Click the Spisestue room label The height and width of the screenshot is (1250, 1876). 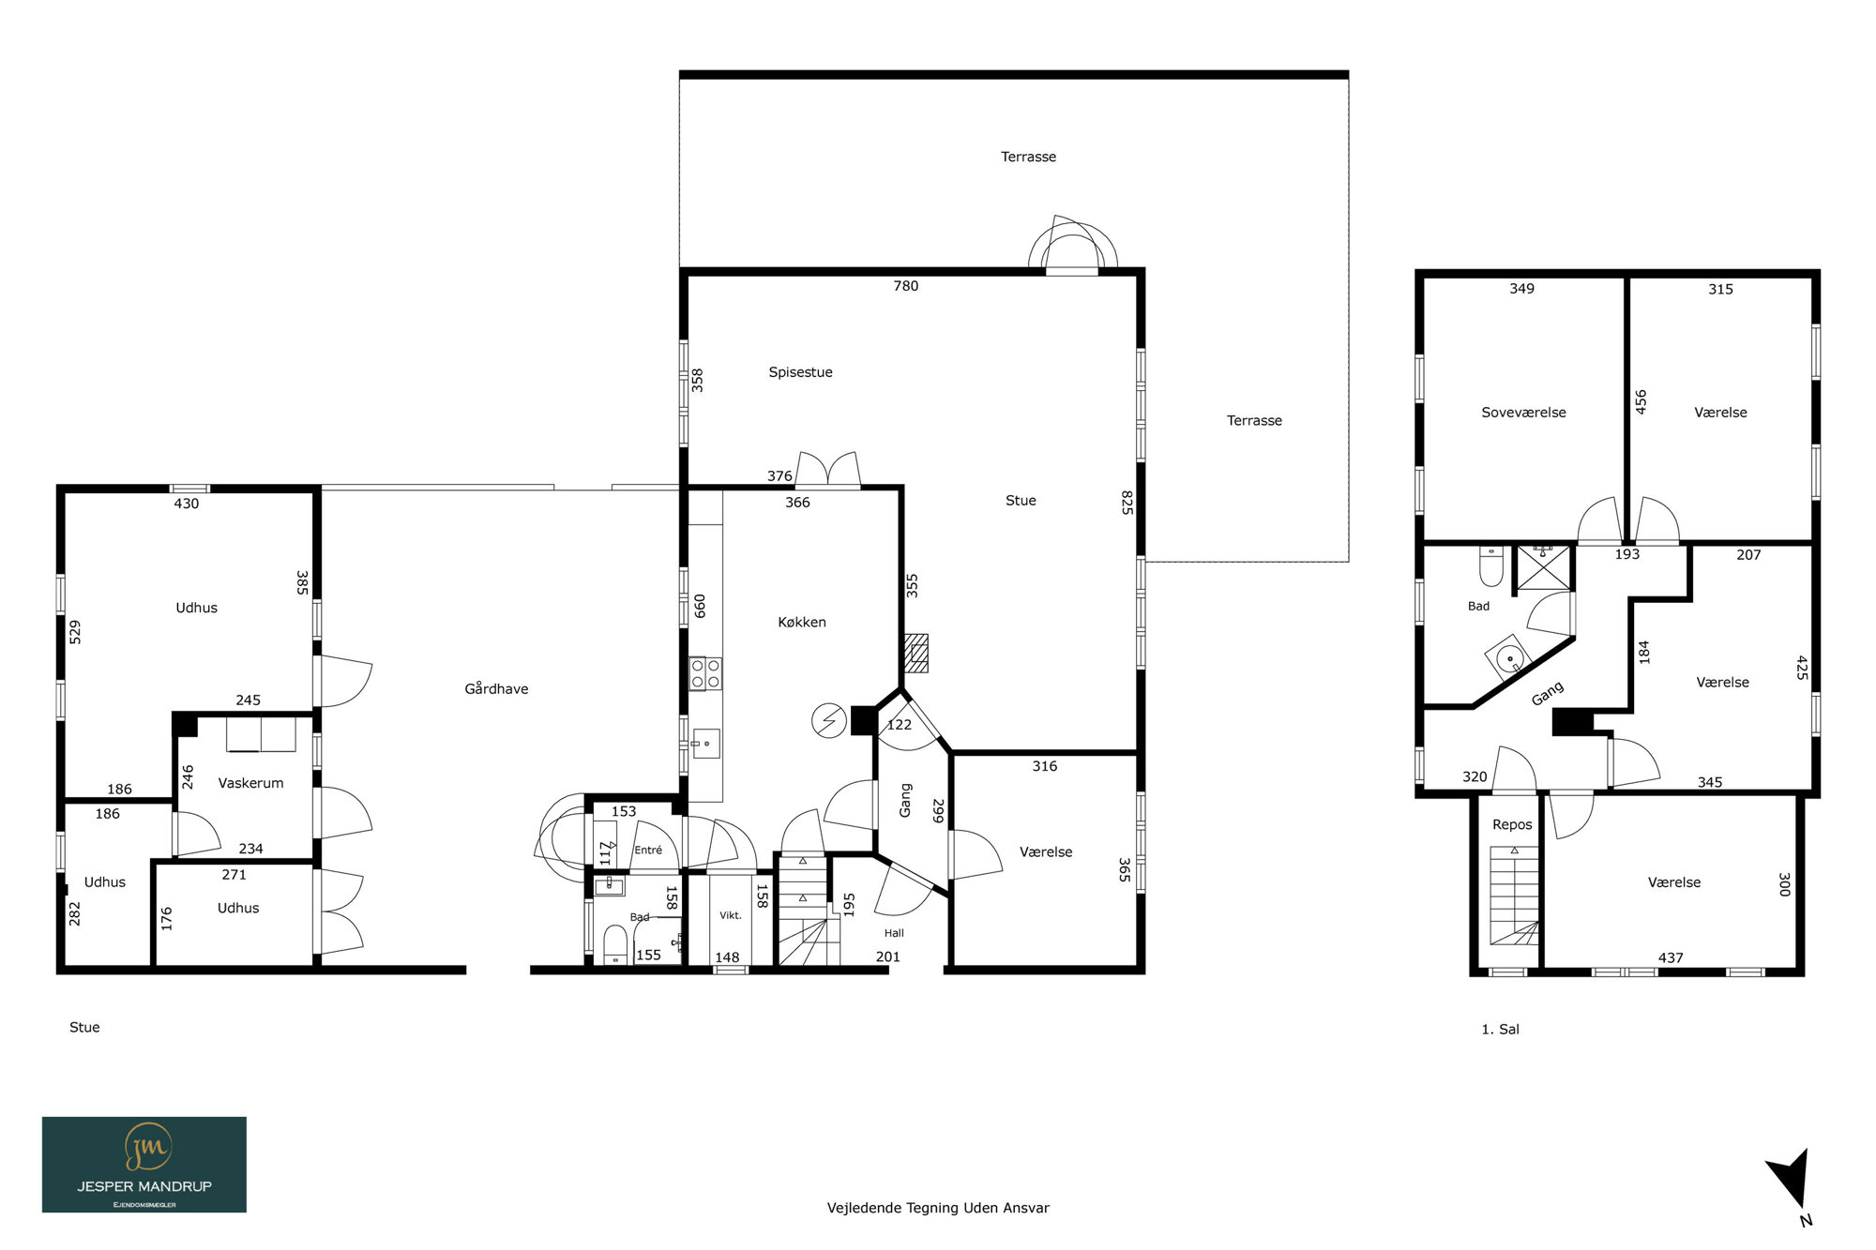800,372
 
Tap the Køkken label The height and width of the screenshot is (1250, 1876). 802,622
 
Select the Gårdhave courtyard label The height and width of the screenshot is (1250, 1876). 496,688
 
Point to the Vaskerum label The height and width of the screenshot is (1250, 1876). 250,783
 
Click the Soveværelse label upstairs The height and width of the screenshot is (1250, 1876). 1523,413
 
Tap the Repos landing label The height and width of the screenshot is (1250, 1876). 1512,825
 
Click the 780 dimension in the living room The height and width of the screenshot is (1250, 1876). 906,286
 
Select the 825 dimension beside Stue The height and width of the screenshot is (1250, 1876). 1127,503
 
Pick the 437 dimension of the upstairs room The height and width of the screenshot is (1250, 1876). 1671,957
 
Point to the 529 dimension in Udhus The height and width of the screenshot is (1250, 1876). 75,632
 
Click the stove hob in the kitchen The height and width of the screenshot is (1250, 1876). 705,673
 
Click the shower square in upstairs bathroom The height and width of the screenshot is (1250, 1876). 1543,567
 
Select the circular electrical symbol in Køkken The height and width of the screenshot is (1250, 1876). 829,721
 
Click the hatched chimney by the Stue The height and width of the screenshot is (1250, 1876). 915,654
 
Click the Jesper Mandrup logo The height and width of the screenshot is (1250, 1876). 144,1165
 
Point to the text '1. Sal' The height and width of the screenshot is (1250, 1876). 1500,1029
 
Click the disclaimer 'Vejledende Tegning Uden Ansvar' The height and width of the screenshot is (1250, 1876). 938,1208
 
